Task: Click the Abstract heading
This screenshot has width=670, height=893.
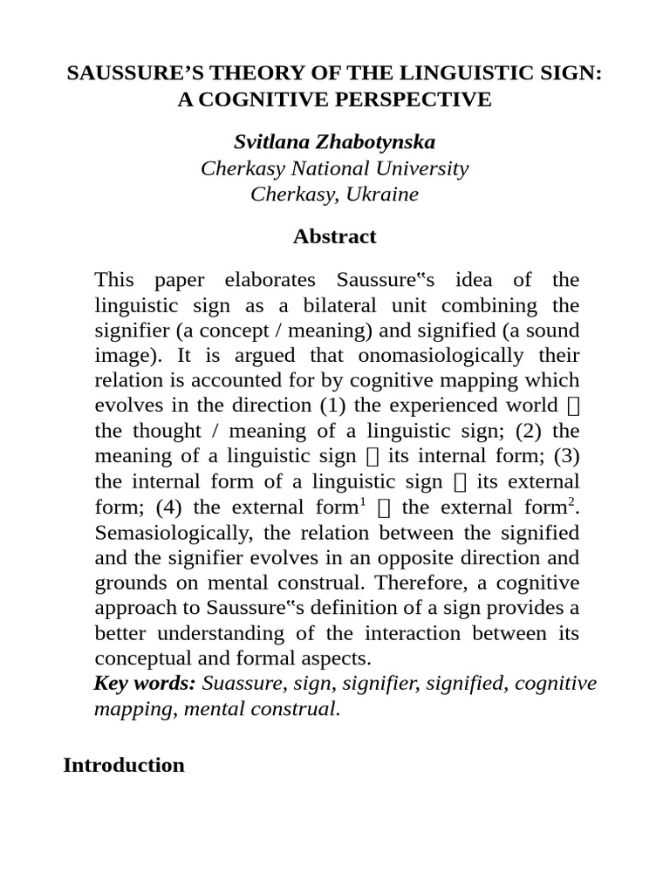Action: point(335,236)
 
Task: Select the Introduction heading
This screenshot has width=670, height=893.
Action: point(124,765)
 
